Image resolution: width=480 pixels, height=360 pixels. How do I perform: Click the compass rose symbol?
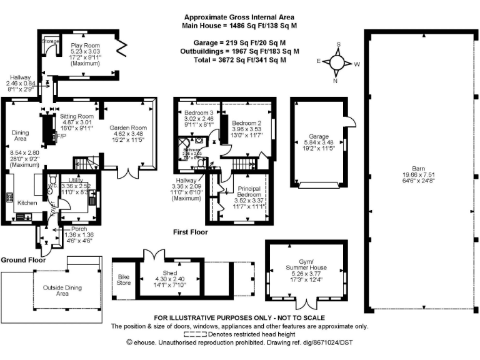[x=337, y=62]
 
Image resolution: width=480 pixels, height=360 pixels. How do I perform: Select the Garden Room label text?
[x=127, y=125]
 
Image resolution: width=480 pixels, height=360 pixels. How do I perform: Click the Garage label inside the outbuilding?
[x=319, y=136]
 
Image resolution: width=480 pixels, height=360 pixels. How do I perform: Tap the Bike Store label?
[x=124, y=278]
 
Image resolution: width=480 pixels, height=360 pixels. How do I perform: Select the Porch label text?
[x=79, y=229]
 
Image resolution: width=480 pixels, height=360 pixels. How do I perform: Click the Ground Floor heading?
[x=24, y=259]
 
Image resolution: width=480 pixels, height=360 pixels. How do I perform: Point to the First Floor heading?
[x=191, y=232]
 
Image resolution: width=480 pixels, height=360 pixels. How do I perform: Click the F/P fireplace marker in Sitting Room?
[x=61, y=136]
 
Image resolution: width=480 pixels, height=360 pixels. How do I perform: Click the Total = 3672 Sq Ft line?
[x=240, y=59]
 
